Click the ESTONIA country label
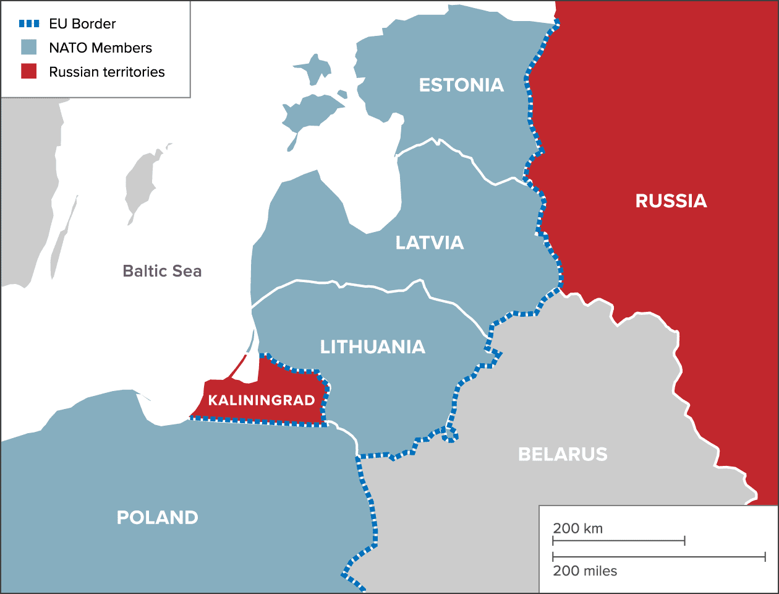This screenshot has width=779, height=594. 461,85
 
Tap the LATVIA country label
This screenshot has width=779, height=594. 430,243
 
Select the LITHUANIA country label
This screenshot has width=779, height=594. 372,347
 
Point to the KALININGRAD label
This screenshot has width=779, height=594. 262,400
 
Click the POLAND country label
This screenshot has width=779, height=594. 158,517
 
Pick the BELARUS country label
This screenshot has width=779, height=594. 563,454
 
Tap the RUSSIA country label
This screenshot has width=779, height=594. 671,200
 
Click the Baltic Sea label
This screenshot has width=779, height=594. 162,271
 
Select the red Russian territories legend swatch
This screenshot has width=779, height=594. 29,71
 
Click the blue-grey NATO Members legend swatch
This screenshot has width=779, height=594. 29,48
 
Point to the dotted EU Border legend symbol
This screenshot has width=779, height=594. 29,24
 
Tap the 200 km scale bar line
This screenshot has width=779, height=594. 618,541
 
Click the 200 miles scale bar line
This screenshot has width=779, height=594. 658,557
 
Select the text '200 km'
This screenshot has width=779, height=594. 577,528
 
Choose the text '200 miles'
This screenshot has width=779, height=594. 585,570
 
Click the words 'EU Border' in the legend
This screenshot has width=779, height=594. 82,24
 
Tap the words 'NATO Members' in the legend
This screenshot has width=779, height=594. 100,48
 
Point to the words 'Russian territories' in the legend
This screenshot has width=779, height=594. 107,72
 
